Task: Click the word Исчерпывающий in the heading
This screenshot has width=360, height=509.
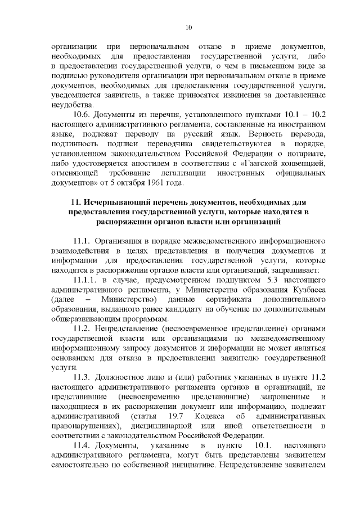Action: [118, 201]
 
